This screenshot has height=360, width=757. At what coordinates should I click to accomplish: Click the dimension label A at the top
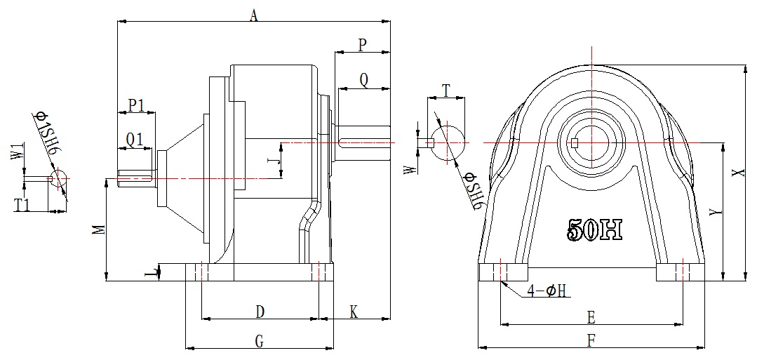(254, 16)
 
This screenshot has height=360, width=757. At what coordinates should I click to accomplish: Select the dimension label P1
(137, 105)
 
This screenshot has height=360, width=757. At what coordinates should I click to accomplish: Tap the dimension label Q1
(135, 140)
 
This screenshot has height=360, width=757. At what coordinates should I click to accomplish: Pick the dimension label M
(100, 229)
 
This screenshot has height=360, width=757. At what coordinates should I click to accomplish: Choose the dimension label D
(260, 312)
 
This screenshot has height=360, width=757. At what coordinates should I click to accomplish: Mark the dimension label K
(354, 313)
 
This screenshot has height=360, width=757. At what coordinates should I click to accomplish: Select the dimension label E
(591, 317)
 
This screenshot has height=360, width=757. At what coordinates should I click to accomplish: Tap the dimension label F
(591, 341)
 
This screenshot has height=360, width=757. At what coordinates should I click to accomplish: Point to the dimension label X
(736, 173)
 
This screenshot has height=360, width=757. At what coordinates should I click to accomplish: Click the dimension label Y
(718, 212)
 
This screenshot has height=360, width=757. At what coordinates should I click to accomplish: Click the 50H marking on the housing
(594, 229)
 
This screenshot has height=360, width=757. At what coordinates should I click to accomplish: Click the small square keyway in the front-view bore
(575, 142)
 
